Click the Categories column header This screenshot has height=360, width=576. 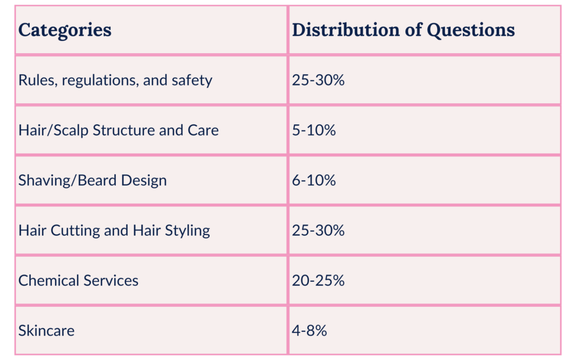pos(65,30)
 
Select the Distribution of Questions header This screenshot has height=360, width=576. pos(403,30)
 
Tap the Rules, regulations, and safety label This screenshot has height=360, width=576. pos(115,80)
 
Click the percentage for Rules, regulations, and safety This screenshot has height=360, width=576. pos(318,80)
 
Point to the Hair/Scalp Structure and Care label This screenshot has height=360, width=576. pos(119,130)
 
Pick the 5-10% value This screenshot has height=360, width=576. pos(313,130)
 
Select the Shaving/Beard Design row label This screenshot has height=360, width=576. pos(93,181)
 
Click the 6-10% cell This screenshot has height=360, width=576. pos(313,181)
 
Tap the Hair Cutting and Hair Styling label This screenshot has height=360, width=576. pos(114,231)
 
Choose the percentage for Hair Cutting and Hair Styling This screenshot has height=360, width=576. pos(318,231)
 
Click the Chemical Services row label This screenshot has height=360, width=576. pos(78,280)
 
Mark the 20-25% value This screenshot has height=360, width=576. pos(318,280)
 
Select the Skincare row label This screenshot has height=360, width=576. pos(46,330)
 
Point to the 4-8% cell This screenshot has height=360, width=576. pos(309,330)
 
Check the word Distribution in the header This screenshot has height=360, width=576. pos(348,30)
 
